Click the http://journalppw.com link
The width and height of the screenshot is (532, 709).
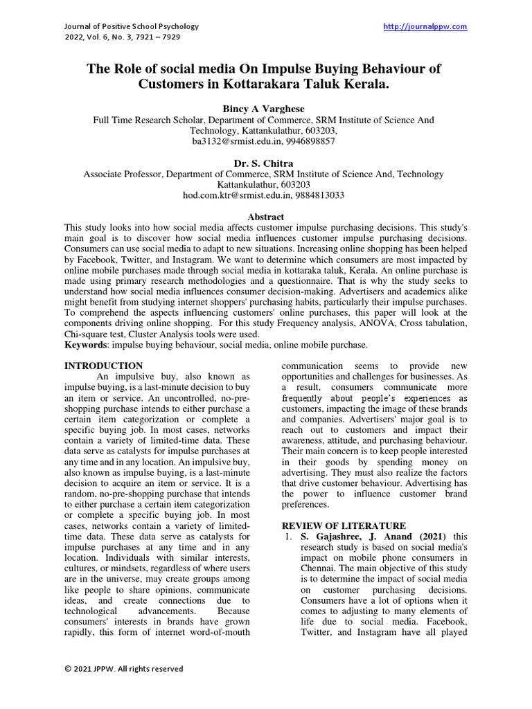[425, 26]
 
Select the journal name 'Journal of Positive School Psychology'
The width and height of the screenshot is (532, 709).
[132, 26]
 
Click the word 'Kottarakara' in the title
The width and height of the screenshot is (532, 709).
[259, 86]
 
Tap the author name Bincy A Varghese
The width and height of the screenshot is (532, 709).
[265, 109]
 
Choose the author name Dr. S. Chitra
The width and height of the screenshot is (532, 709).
[265, 163]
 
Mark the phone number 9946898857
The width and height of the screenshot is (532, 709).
[312, 141]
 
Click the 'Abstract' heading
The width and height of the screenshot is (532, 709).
[265, 217]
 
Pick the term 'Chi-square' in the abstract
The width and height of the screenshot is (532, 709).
[88, 334]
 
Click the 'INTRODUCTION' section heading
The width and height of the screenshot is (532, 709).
[103, 366]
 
